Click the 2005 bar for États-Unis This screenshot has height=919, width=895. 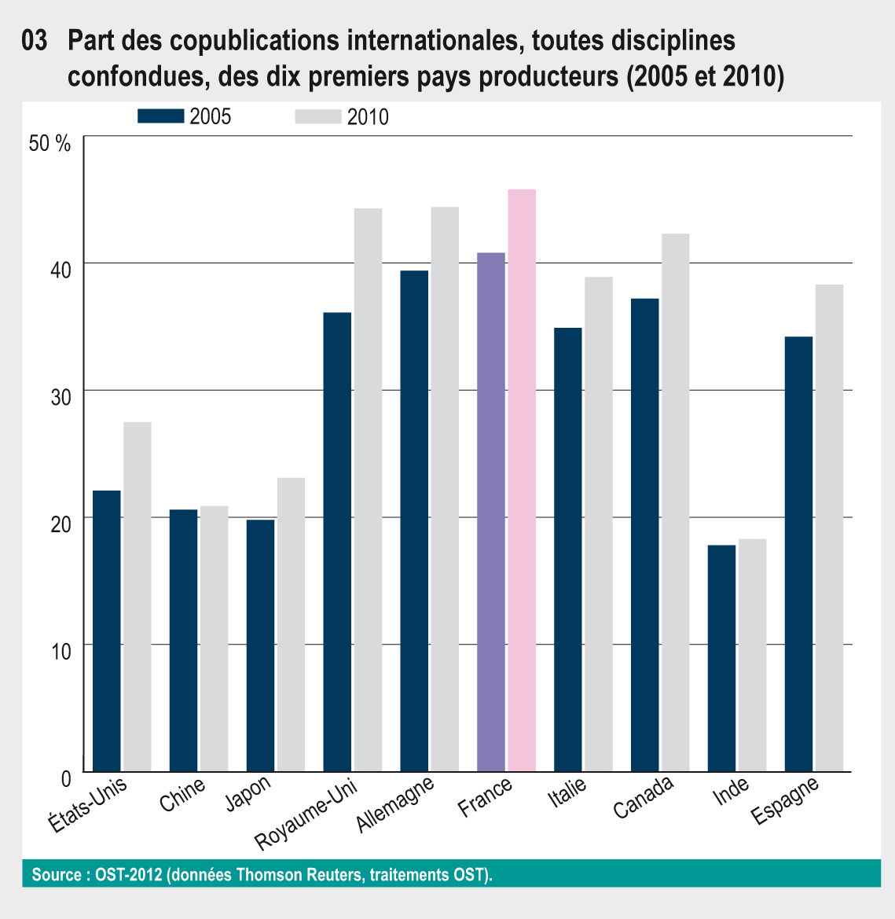coord(107,630)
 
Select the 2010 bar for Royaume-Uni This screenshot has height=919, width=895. coord(368,490)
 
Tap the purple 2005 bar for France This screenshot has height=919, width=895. coord(491,512)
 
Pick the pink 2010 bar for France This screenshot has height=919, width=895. coord(522,480)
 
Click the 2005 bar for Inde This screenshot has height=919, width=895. coord(721,658)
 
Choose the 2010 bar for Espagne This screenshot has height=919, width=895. coord(829,528)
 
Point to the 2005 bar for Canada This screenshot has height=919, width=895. coord(645,535)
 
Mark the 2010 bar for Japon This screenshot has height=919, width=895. coord(291,624)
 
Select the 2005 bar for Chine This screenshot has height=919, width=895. coord(184,640)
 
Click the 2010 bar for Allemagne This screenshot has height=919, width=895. coord(445,489)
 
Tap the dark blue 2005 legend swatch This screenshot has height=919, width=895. coord(160,116)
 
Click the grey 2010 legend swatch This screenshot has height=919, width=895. coord(317,116)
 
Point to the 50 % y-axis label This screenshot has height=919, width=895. coord(49,143)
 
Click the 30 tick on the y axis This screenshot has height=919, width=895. coord(61,395)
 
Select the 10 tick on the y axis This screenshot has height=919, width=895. coord(61,650)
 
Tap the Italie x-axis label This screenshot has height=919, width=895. coord(567,796)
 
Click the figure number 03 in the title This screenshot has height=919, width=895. coord(35,41)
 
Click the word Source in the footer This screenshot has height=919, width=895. coord(55,874)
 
